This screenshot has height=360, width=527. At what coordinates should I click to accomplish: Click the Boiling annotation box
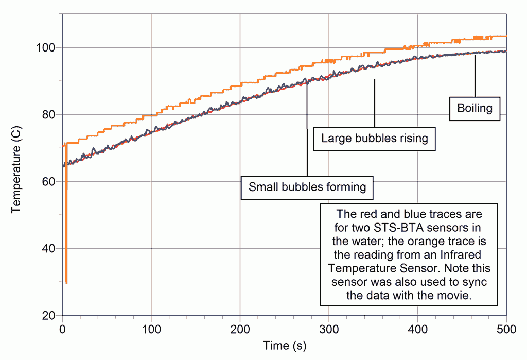point(475,108)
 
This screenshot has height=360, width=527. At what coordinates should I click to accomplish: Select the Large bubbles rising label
point(374,138)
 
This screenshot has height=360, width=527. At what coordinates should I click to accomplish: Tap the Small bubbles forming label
point(307,187)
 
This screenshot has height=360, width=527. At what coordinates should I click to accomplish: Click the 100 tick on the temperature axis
point(47,47)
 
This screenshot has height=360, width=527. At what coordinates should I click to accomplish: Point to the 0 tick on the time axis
point(62,326)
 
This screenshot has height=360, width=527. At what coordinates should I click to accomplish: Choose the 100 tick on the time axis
point(151,326)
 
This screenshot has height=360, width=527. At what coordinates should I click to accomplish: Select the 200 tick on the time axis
point(240,326)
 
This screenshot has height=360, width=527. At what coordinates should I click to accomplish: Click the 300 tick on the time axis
point(329,326)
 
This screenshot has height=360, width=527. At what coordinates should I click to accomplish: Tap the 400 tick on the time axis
point(418,326)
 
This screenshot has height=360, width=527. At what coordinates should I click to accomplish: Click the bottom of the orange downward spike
point(66,282)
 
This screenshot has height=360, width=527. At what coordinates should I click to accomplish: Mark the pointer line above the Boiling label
point(475,75)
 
